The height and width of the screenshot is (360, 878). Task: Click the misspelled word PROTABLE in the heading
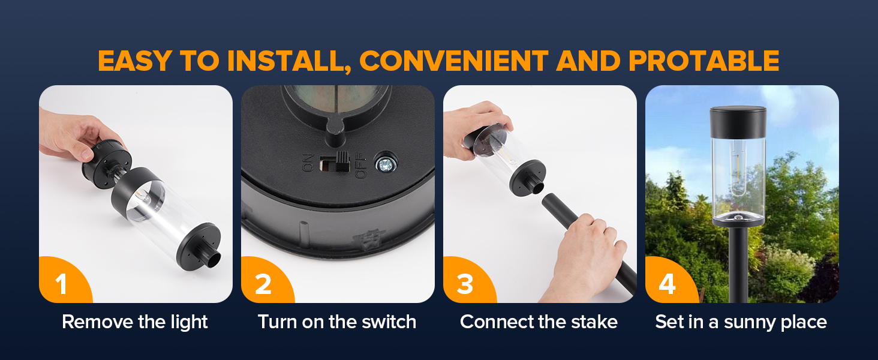point(704,61)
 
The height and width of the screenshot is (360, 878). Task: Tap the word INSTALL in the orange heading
point(289,62)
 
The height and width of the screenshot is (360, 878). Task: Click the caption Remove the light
point(134,322)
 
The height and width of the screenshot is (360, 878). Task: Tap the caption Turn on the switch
point(337,322)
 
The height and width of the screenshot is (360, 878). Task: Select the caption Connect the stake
point(539,322)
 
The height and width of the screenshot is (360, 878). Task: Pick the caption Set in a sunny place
point(741,322)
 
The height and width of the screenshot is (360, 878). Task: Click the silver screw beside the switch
point(386,164)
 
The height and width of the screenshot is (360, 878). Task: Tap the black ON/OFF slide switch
point(335,162)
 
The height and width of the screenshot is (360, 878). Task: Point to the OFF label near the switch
point(360,165)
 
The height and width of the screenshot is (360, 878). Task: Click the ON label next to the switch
point(309,163)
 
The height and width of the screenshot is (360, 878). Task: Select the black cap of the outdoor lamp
point(738,122)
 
